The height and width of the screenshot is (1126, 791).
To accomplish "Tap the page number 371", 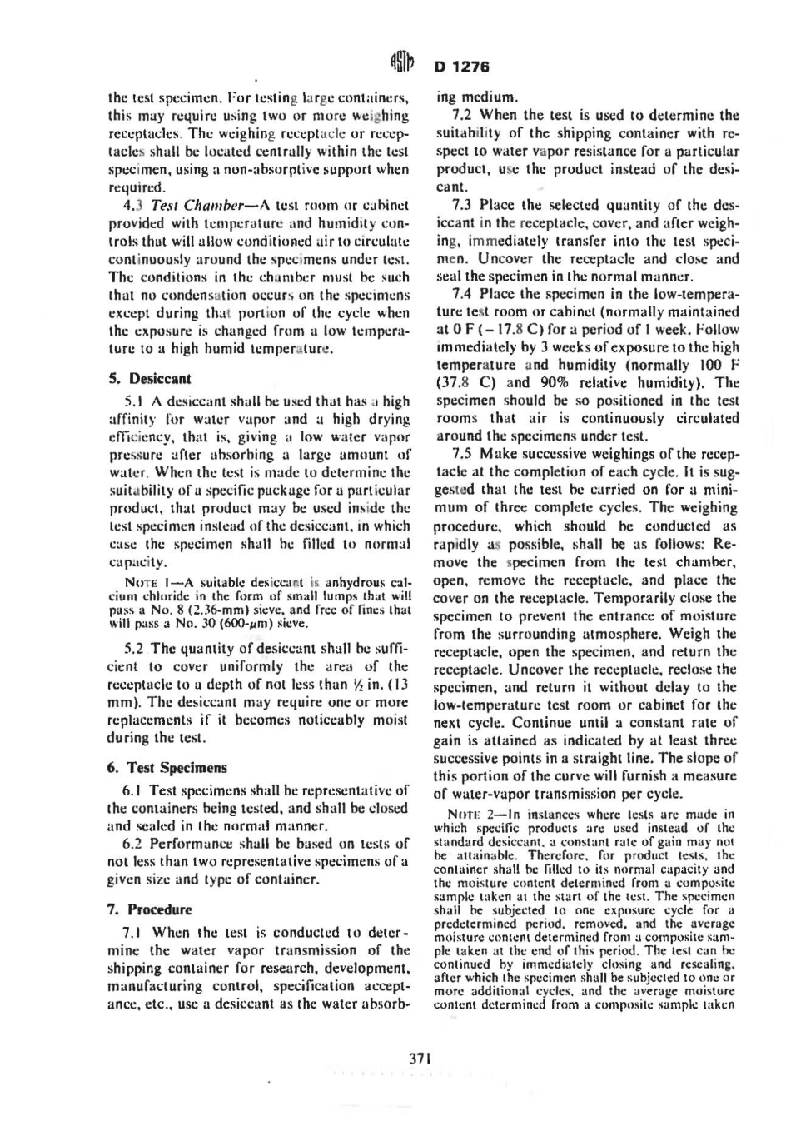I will coord(419,1058).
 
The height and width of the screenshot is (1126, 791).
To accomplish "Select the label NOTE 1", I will coord(147,581).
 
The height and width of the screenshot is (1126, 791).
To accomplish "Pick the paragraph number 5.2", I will coord(134,648).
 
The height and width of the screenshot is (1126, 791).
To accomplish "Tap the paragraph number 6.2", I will coord(133,843).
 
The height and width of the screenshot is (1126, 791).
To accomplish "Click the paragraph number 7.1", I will coord(133,933).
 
